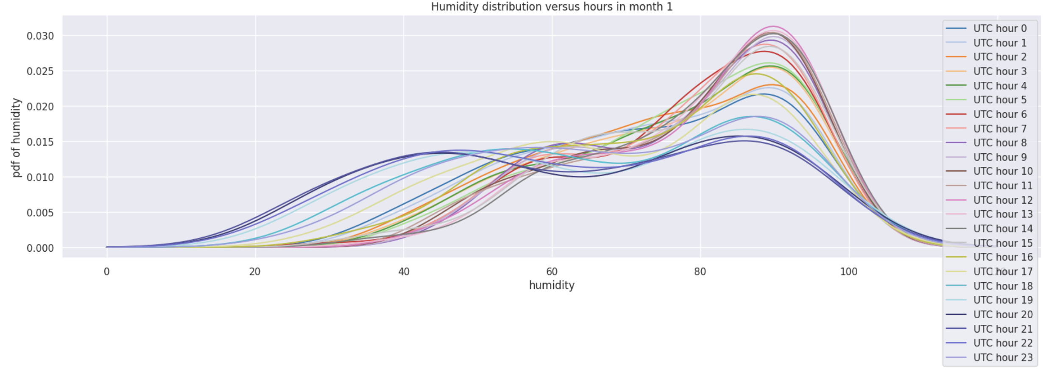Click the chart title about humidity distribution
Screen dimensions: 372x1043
[552, 7]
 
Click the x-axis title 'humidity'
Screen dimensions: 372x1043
[552, 285]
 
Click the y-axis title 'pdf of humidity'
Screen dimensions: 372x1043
[16, 138]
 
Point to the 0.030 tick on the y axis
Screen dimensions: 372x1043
[40, 36]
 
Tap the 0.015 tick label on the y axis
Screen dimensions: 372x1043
[40, 142]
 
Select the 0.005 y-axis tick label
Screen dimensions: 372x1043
[40, 213]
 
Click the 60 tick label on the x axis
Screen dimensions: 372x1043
[552, 272]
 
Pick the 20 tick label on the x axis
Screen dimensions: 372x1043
[255, 272]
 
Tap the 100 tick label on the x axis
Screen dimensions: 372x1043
[848, 272]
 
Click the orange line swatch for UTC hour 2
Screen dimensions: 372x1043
[956, 57]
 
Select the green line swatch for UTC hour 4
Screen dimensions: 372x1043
[956, 86]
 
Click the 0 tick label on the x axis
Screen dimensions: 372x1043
[106, 272]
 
